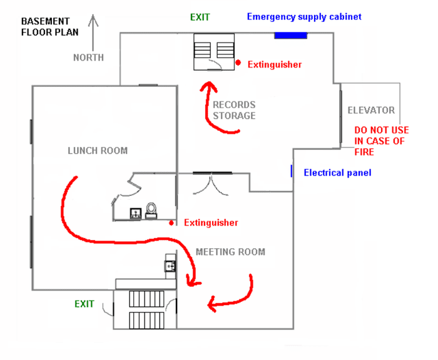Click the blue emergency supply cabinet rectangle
290,36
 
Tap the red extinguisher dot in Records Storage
238,62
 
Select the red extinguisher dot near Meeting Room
171,222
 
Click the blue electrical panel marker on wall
292,171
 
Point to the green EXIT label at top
200,17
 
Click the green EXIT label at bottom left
84,304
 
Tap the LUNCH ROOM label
98,150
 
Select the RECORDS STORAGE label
234,110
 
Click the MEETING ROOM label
230,252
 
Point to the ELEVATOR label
371,110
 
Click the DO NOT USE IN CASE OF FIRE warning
381,141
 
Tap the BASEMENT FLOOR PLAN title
49,26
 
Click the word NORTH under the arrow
88,57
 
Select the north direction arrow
93,32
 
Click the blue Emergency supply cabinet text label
303,16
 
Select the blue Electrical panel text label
337,172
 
